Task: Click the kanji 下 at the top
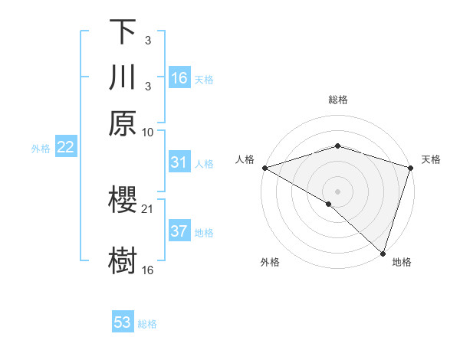[123, 31]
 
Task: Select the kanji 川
[123, 77]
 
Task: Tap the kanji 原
[123, 123]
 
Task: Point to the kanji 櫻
[123, 200]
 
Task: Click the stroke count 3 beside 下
[147, 40]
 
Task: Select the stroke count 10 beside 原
[148, 132]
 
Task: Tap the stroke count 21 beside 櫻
[148, 208]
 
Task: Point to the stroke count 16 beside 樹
[148, 270]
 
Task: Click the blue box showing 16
[179, 78]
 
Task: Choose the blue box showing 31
[179, 162]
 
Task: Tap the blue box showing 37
[179, 231]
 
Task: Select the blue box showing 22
[65, 147]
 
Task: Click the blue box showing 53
[123, 322]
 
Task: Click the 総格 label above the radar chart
[338, 100]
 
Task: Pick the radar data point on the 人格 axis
[264, 168]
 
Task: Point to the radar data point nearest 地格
[383, 253]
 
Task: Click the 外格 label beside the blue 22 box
[40, 149]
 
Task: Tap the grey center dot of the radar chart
[338, 191]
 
